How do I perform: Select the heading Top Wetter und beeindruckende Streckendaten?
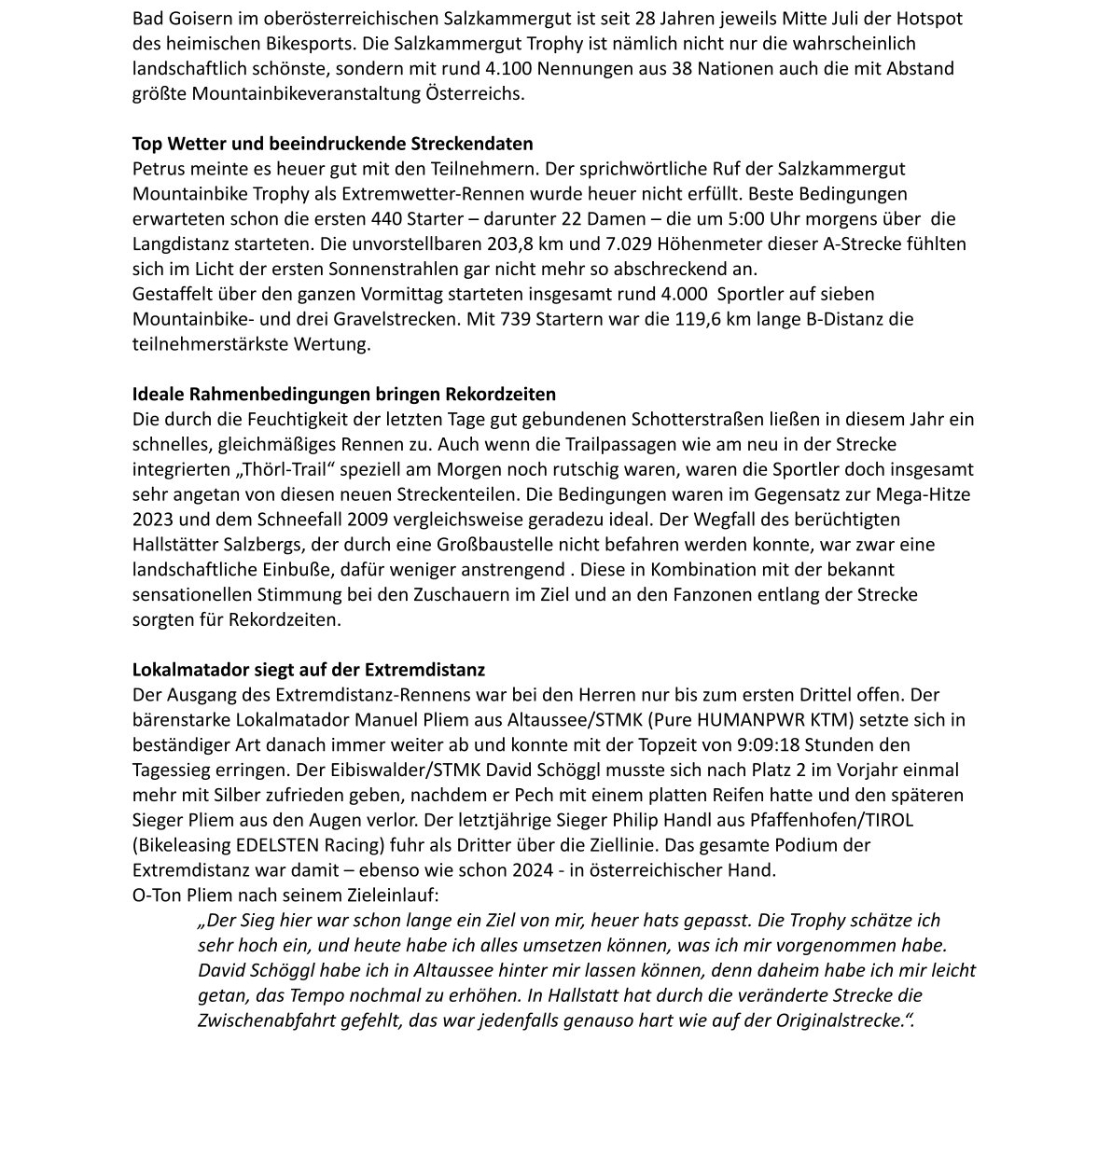coord(332,144)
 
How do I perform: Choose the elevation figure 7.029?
coord(631,243)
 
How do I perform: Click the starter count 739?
coord(519,319)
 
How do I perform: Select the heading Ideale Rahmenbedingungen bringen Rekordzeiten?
coord(343,394)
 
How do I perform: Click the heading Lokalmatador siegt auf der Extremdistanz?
coord(308,670)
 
